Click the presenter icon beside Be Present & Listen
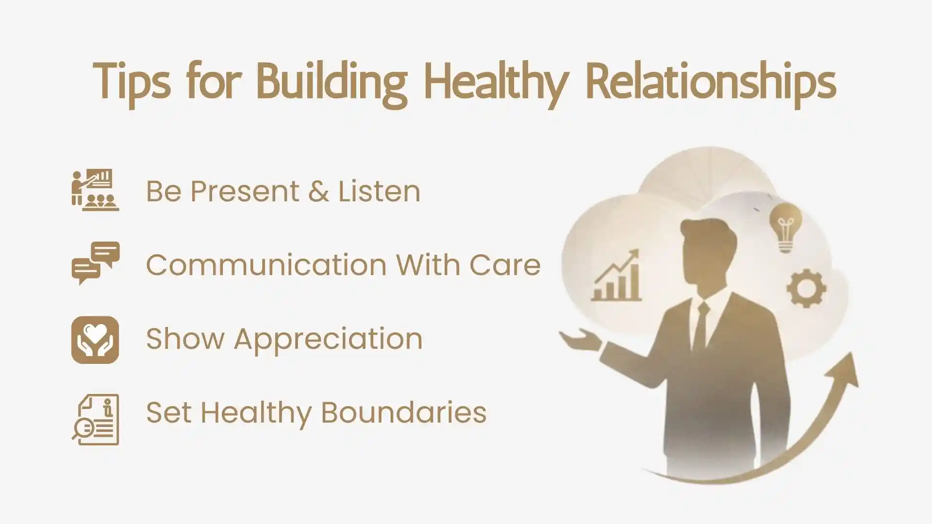pos(95,190)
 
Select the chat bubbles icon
pos(96,263)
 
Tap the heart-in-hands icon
pos(95,340)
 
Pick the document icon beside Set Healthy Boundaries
pos(96,420)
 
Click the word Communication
pos(266,265)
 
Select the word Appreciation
pos(328,339)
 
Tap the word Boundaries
pos(403,412)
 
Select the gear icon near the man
pos(806,289)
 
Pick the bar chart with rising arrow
pos(617,277)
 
